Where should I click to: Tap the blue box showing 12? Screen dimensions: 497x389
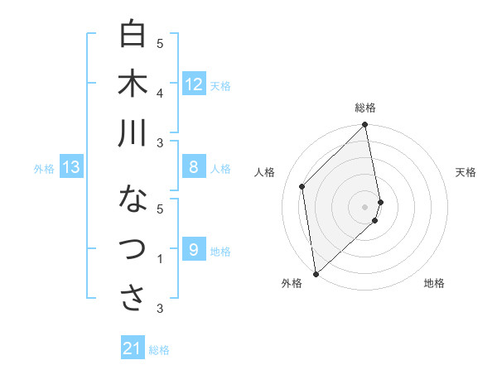[194, 84]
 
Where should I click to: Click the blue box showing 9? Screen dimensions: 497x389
[194, 250]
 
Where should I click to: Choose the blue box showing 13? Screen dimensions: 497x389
[71, 168]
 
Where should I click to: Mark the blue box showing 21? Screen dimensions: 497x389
[133, 349]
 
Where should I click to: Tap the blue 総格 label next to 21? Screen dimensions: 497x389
[159, 350]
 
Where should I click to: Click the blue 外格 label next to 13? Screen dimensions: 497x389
[44, 169]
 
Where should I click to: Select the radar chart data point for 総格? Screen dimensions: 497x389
[365, 126]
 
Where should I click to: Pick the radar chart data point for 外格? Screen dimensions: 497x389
[316, 273]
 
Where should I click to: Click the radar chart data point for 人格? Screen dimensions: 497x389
[302, 186]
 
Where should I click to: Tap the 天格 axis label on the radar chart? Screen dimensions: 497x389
[466, 172]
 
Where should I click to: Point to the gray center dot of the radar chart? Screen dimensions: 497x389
[365, 206]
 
